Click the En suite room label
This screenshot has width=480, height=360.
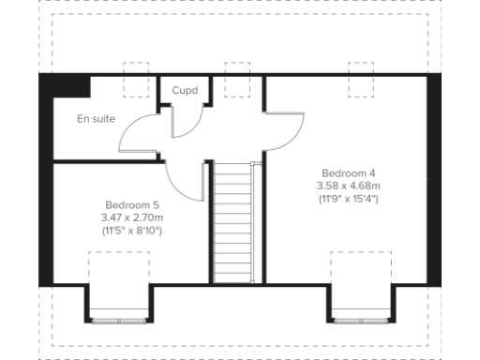tap(96, 119)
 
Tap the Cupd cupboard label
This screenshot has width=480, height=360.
tap(185, 91)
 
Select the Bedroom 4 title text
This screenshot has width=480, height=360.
tap(348, 173)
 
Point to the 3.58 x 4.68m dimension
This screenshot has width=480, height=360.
tap(348, 187)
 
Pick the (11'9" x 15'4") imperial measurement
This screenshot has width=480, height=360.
tap(348, 200)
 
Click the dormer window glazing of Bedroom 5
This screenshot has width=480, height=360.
tap(118, 321)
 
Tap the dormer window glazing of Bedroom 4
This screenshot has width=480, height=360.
tap(362, 321)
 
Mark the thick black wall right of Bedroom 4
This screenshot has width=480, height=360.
tap(433, 178)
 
